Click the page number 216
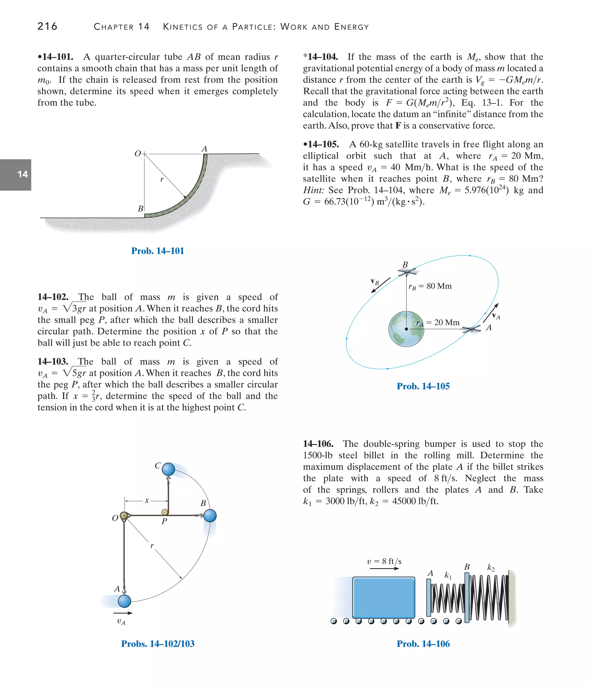tap(47, 26)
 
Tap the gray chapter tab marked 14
tap(16, 175)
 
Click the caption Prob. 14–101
tap(157, 251)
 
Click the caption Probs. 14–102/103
tap(158, 644)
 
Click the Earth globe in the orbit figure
tap(406, 329)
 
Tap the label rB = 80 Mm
tap(430, 286)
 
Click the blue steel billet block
tap(383, 597)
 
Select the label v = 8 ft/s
tap(384, 561)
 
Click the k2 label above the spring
tap(491, 568)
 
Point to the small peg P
tap(164, 512)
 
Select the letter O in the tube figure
tap(137, 154)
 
